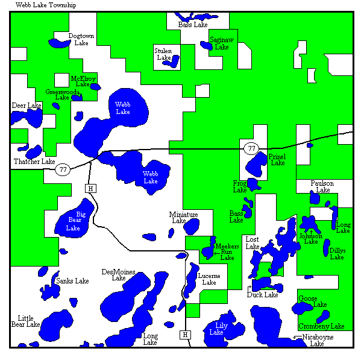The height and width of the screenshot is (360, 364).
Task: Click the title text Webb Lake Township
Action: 42,5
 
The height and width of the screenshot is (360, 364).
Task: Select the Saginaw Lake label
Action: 221,43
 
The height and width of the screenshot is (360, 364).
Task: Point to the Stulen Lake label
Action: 163,54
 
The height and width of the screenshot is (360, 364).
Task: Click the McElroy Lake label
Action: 83,81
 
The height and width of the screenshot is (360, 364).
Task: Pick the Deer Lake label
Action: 27,106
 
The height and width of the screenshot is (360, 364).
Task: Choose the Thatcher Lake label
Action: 34,162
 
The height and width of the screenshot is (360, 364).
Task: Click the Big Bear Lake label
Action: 73,221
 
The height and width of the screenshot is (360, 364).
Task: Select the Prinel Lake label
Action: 277,160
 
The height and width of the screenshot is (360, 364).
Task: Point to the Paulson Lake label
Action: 322,186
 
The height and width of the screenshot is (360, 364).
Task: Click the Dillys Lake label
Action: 337,253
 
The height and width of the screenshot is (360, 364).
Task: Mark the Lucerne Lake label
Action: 209,279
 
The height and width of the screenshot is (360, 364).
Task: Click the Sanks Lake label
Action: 72,281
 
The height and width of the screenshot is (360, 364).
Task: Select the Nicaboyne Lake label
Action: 317,340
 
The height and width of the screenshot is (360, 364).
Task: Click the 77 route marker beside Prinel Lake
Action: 251,148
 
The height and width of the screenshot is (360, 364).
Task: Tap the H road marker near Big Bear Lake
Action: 90,189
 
